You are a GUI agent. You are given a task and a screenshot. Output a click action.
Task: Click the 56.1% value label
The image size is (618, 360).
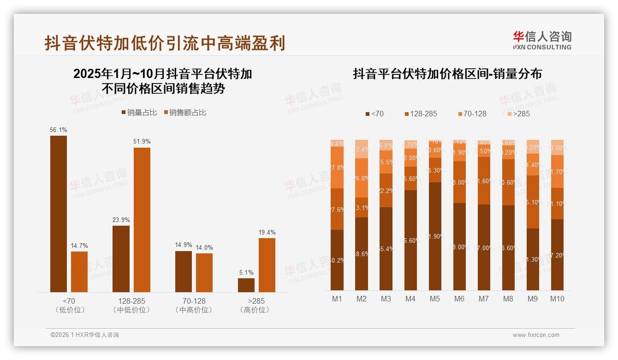(58, 130)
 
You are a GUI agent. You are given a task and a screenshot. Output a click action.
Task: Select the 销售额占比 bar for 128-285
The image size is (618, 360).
(142, 220)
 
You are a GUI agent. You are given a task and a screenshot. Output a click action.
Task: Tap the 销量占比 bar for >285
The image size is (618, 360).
(246, 285)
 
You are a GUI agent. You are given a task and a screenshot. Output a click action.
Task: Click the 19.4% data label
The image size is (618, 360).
(267, 233)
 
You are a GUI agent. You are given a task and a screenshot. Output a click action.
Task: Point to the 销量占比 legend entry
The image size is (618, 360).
(139, 113)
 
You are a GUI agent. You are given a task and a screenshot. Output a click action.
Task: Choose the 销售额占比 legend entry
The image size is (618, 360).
(185, 113)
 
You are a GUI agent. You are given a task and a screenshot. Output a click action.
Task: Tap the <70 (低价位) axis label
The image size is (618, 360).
(68, 305)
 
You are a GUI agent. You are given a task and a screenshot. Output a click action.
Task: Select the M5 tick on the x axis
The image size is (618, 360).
(435, 299)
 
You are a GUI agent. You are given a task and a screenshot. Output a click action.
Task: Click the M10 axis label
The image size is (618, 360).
(557, 299)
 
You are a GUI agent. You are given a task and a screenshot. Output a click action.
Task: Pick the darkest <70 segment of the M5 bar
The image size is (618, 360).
(435, 236)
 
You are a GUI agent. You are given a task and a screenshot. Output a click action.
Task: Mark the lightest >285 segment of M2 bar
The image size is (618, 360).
(362, 149)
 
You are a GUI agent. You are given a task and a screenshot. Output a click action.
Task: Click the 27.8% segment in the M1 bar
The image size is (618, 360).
(337, 168)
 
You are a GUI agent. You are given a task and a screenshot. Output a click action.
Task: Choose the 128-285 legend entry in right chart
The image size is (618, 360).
(420, 114)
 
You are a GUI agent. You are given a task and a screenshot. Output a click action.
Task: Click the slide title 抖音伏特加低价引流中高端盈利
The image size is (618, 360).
(165, 43)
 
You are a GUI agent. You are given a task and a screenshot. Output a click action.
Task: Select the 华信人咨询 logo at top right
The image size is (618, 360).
(542, 40)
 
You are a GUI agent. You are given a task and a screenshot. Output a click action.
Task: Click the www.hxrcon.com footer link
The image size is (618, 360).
(536, 335)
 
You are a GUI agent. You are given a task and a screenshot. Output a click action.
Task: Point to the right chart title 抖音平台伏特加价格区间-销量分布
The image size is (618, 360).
(447, 74)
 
